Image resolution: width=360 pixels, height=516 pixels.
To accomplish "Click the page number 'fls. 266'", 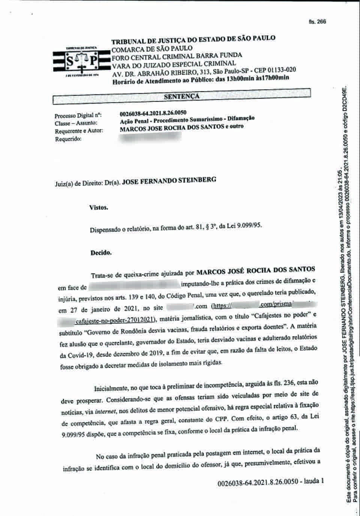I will pyautogui.click(x=317, y=21).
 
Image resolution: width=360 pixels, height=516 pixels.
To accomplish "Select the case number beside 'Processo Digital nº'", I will pyautogui.click(x=153, y=113).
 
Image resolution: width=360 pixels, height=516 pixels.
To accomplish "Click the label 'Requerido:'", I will pyautogui.click(x=68, y=139).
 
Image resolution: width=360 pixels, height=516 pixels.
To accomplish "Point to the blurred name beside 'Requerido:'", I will pyautogui.click(x=150, y=137).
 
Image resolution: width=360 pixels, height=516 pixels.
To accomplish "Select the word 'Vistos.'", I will pyautogui.click(x=99, y=207).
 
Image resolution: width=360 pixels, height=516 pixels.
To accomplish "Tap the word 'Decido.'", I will pyautogui.click(x=101, y=253).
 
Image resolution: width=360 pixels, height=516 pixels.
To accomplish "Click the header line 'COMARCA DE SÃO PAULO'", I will pyautogui.click(x=152, y=49).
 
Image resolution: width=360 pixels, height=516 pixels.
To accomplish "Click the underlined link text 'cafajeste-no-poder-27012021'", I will pyautogui.click(x=115, y=320).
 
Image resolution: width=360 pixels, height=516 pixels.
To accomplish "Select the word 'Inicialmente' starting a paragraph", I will pyautogui.click(x=111, y=387).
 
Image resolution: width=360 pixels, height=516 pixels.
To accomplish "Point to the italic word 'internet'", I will pyautogui.click(x=105, y=412).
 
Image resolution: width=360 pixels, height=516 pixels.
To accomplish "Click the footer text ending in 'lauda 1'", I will pyautogui.click(x=270, y=481).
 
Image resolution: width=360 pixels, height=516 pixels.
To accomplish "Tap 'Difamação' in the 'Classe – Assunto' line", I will pyautogui.click(x=240, y=118).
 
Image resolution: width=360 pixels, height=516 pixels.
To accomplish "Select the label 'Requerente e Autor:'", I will pyautogui.click(x=78, y=131).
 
